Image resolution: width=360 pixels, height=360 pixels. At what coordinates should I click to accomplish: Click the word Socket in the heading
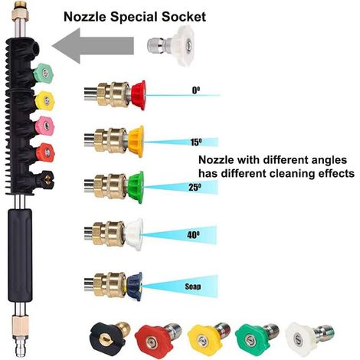(184, 17)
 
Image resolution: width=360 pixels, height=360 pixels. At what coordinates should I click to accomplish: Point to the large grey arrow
(93, 46)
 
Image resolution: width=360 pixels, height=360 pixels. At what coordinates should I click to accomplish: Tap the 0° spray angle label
(196, 90)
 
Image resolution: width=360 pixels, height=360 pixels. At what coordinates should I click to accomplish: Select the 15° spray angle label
(196, 142)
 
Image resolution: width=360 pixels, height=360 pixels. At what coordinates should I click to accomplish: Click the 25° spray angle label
(195, 188)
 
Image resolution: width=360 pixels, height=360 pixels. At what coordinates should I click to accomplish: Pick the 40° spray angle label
(193, 234)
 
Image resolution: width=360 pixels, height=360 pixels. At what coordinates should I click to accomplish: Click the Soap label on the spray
(193, 286)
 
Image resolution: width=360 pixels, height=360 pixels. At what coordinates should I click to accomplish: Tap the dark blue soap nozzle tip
(135, 286)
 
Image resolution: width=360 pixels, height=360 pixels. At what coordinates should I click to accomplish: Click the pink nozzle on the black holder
(44, 126)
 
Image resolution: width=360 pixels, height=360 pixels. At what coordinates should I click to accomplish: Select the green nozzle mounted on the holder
(43, 73)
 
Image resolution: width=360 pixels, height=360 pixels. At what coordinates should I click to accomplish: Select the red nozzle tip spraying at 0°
(139, 95)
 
